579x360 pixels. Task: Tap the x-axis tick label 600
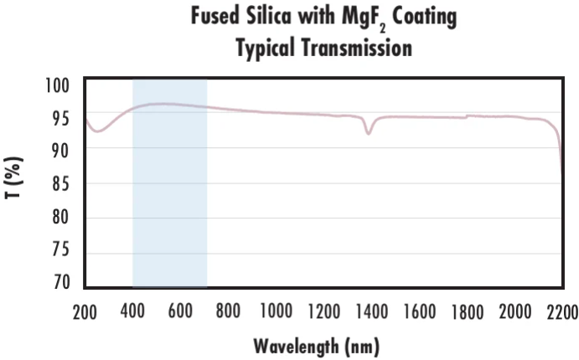[181, 311]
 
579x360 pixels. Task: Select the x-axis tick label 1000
[276, 311]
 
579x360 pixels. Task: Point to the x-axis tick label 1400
[370, 311]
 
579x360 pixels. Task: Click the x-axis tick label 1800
[466, 311]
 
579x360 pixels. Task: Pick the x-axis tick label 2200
[561, 311]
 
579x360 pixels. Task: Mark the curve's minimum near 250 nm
[98, 131]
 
